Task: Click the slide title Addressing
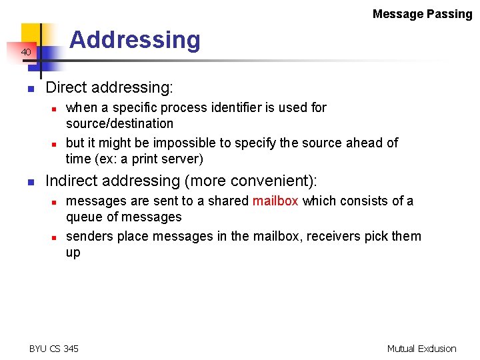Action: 135,40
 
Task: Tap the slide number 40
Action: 25,52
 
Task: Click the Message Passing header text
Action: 422,14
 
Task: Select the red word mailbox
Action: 275,201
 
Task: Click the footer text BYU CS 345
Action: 54,349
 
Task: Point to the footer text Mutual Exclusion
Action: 421,349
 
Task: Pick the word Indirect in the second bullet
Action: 71,181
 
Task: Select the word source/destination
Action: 119,124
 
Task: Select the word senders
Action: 89,236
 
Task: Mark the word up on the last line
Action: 73,253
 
